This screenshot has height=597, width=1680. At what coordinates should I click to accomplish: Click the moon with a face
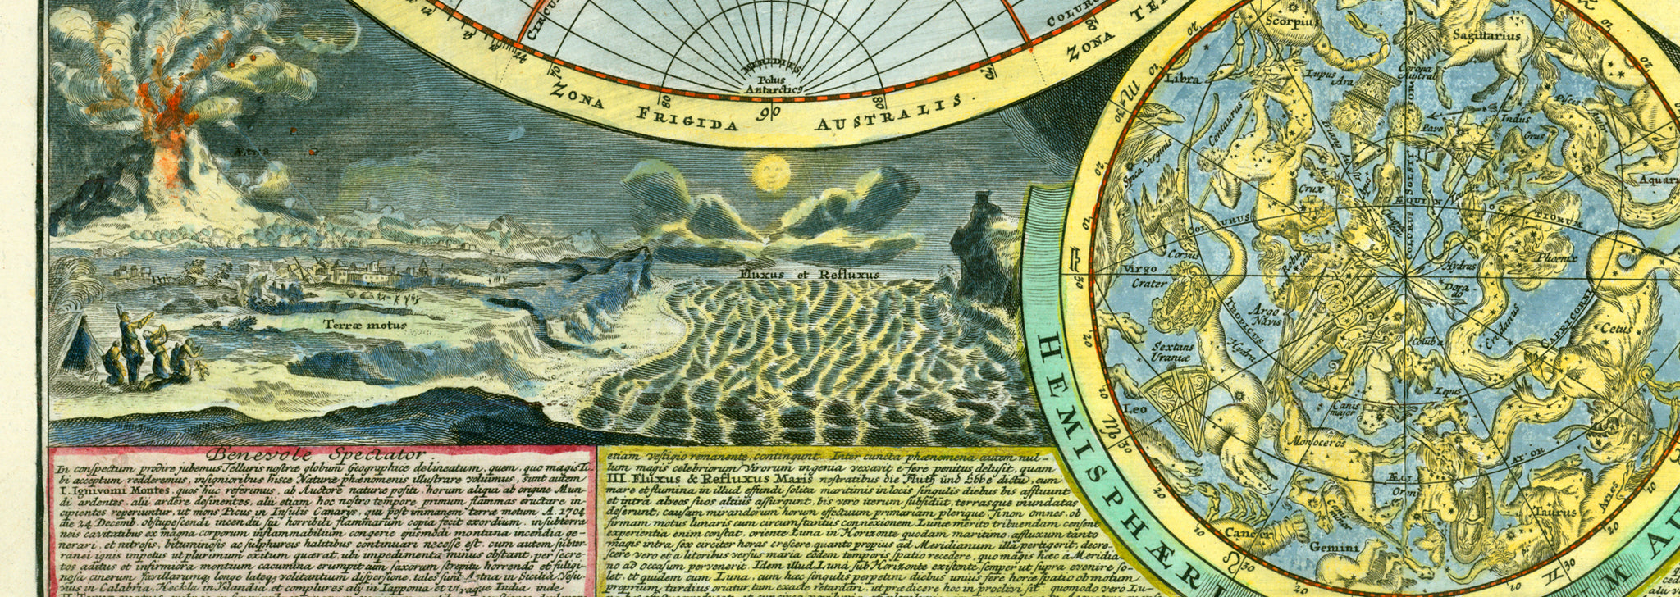(x=771, y=173)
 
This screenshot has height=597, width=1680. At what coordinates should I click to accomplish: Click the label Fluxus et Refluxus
(x=808, y=275)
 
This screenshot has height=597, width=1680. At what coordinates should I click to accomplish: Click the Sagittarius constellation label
(x=1486, y=36)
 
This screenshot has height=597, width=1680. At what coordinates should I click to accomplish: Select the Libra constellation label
(x=1182, y=80)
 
